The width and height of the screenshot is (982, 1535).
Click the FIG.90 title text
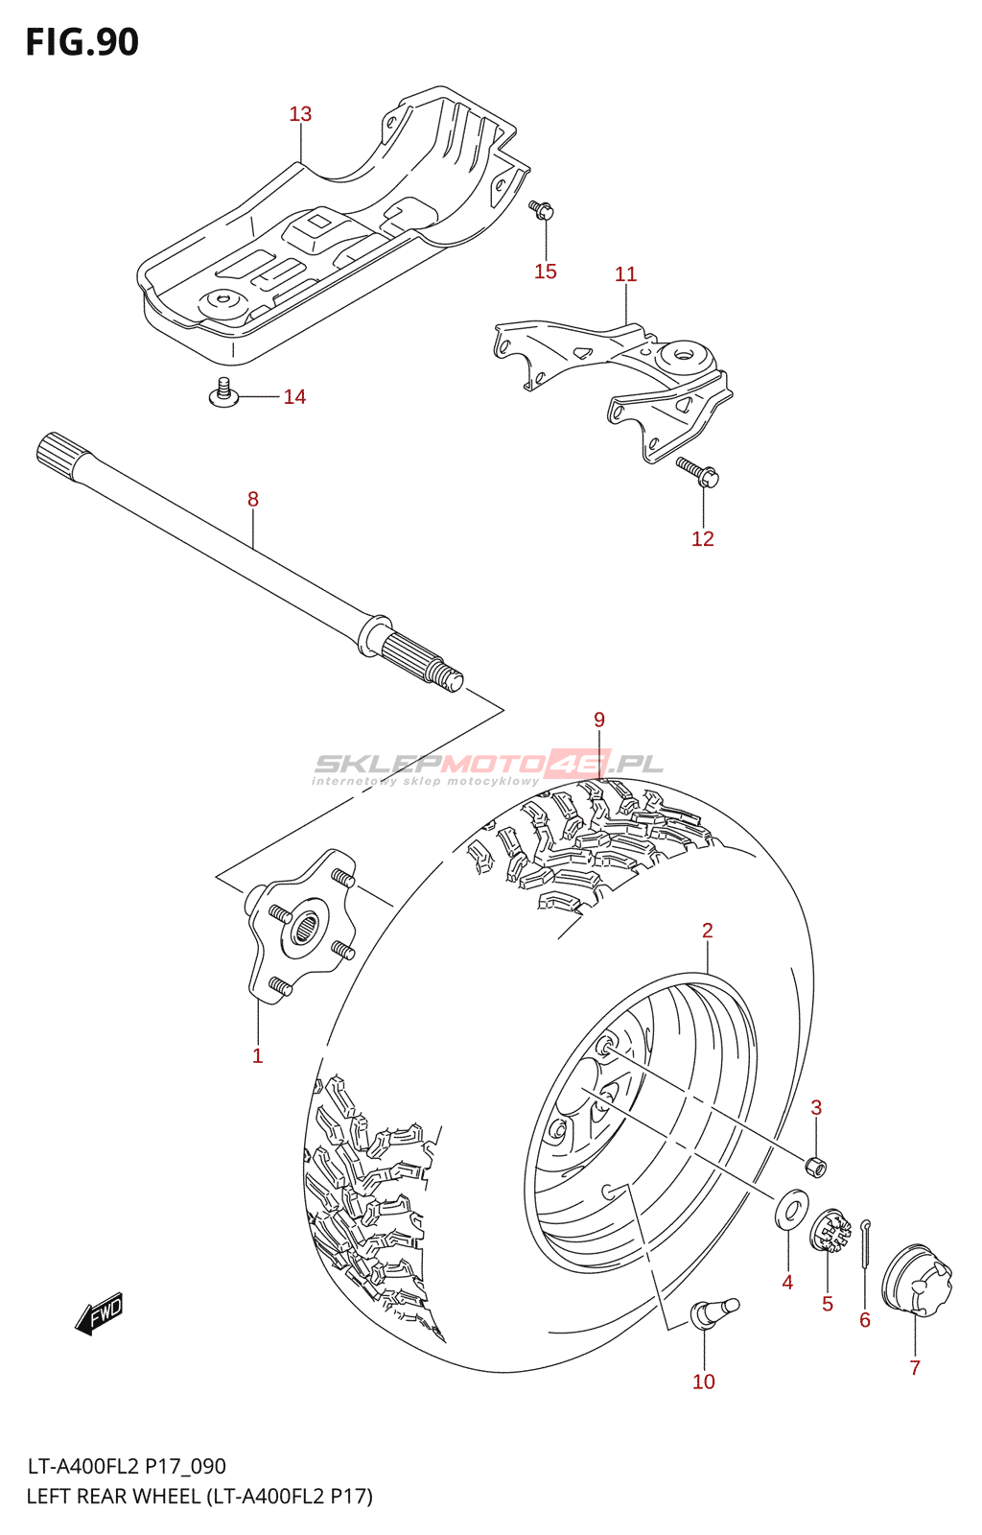[82, 43]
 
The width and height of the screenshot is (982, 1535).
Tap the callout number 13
[300, 114]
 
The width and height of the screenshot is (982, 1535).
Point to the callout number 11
[625, 274]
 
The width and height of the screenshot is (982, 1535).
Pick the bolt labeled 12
[698, 471]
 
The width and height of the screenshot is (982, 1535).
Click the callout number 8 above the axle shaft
[253, 499]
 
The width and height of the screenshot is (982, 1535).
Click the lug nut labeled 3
[815, 1167]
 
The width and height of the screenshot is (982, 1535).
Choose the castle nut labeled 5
[830, 1233]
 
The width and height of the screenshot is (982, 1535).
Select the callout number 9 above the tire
[599, 720]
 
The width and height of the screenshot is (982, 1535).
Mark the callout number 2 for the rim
[708, 931]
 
